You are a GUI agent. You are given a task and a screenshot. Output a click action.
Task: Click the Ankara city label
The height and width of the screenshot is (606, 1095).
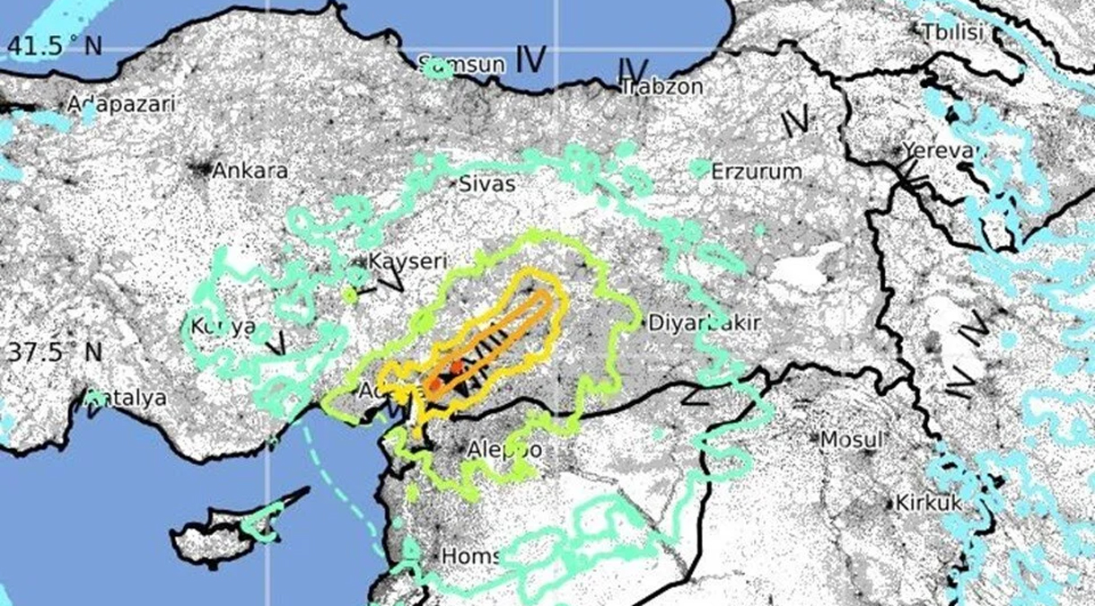click(x=250, y=171)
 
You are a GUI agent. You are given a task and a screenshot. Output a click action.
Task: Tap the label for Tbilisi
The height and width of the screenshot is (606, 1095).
click(x=952, y=33)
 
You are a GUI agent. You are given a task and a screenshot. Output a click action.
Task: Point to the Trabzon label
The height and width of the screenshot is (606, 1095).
click(x=661, y=87)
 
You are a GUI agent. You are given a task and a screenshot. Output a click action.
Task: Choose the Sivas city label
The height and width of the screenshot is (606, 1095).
click(x=487, y=184)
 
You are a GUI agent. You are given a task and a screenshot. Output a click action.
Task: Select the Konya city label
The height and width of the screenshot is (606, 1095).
click(x=223, y=327)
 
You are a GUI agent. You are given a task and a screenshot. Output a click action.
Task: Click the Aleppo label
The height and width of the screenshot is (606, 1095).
click(x=505, y=449)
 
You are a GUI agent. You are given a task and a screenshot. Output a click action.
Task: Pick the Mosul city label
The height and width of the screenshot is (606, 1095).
click(x=851, y=440)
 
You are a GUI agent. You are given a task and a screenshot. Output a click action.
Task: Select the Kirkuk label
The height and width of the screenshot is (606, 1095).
click(x=928, y=504)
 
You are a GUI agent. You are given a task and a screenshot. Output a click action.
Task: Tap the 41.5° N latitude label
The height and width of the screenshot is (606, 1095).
click(x=54, y=47)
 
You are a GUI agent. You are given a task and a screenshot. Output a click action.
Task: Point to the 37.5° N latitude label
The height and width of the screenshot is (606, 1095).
click(x=54, y=352)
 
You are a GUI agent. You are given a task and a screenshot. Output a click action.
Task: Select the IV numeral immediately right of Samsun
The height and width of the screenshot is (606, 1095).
click(x=530, y=60)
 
